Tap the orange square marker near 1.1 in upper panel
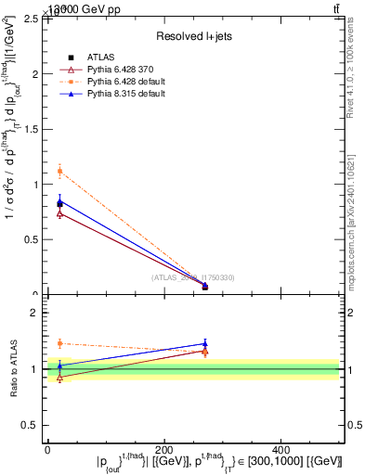[59, 171]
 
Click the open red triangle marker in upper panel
[59, 213]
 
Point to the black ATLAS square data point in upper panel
[59, 203]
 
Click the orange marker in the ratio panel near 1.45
[59, 343]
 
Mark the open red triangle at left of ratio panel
[59, 378]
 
